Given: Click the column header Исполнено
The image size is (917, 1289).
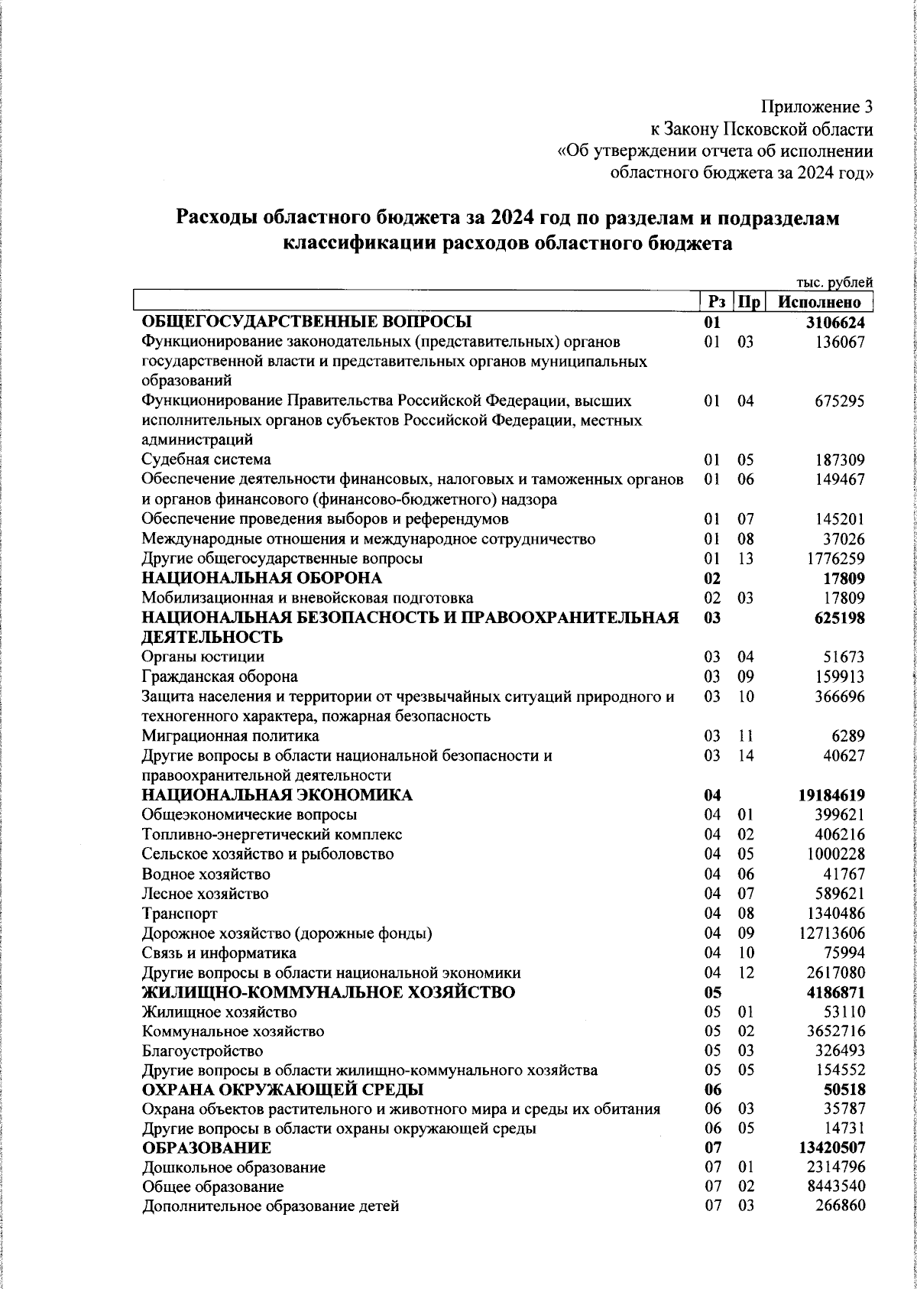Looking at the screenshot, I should pos(820,302).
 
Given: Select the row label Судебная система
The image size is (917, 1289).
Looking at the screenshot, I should pos(206,459).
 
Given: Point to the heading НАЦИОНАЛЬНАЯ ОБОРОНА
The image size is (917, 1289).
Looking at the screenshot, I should pos(262,578).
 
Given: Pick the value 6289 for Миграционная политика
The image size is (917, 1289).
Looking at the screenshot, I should pos(848,735).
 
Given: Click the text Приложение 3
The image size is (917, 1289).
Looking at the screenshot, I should pos(816,108).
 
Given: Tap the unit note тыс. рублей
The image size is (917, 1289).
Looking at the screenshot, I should pos(834,283).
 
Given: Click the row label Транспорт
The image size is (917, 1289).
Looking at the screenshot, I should pos(180,914).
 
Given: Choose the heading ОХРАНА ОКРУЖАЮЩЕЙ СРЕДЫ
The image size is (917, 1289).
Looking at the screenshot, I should pos(283,1089).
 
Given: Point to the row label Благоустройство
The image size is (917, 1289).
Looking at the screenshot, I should pos(203,1051).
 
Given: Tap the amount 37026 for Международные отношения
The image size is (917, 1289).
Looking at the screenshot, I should pos(841,539).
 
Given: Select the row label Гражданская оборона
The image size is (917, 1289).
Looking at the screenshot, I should pos(220,677).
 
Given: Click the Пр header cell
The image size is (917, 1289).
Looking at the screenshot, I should pos(746,302).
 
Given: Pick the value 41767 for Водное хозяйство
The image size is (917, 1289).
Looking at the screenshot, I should pos(841,874).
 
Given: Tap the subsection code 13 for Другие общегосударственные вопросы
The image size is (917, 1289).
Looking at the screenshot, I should pos(746,559).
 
